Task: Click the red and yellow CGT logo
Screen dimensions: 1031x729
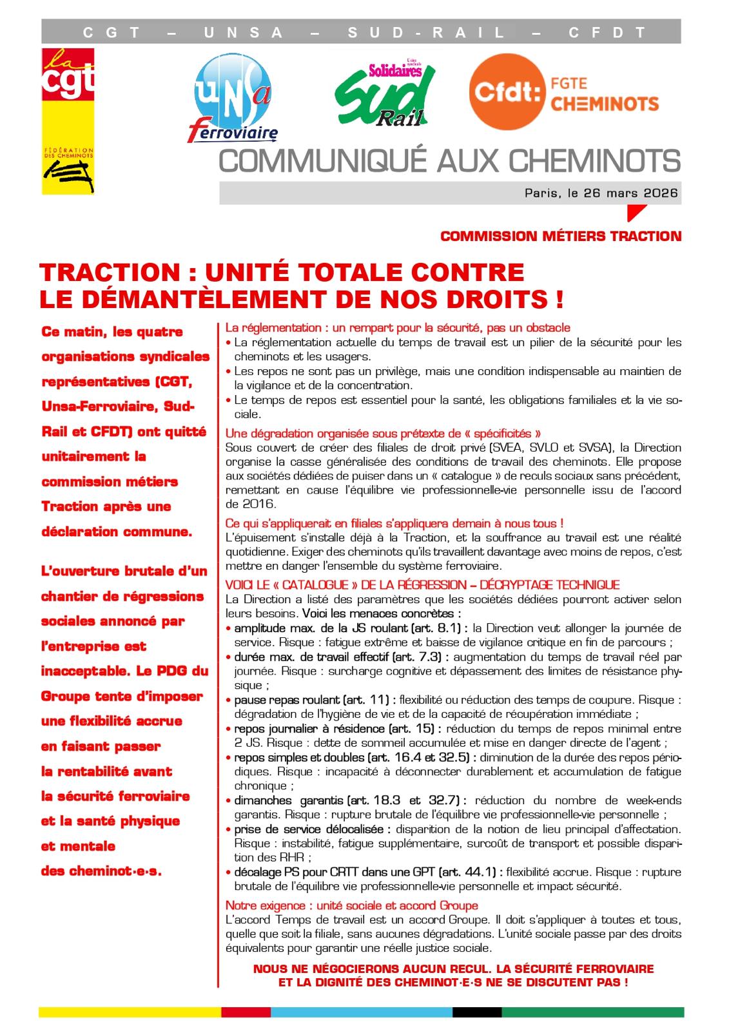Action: click(x=68, y=121)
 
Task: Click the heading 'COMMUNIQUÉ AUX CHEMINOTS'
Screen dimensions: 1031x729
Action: click(x=449, y=161)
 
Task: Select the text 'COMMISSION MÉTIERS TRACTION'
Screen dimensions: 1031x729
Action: click(x=560, y=236)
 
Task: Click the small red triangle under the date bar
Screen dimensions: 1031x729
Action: click(x=635, y=212)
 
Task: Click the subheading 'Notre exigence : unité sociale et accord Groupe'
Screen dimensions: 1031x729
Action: click(x=351, y=905)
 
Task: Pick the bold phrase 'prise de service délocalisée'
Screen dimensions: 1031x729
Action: click(x=313, y=829)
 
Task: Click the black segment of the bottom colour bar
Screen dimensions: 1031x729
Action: click(x=476, y=1012)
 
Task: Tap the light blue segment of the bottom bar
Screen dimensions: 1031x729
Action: click(x=361, y=1012)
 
